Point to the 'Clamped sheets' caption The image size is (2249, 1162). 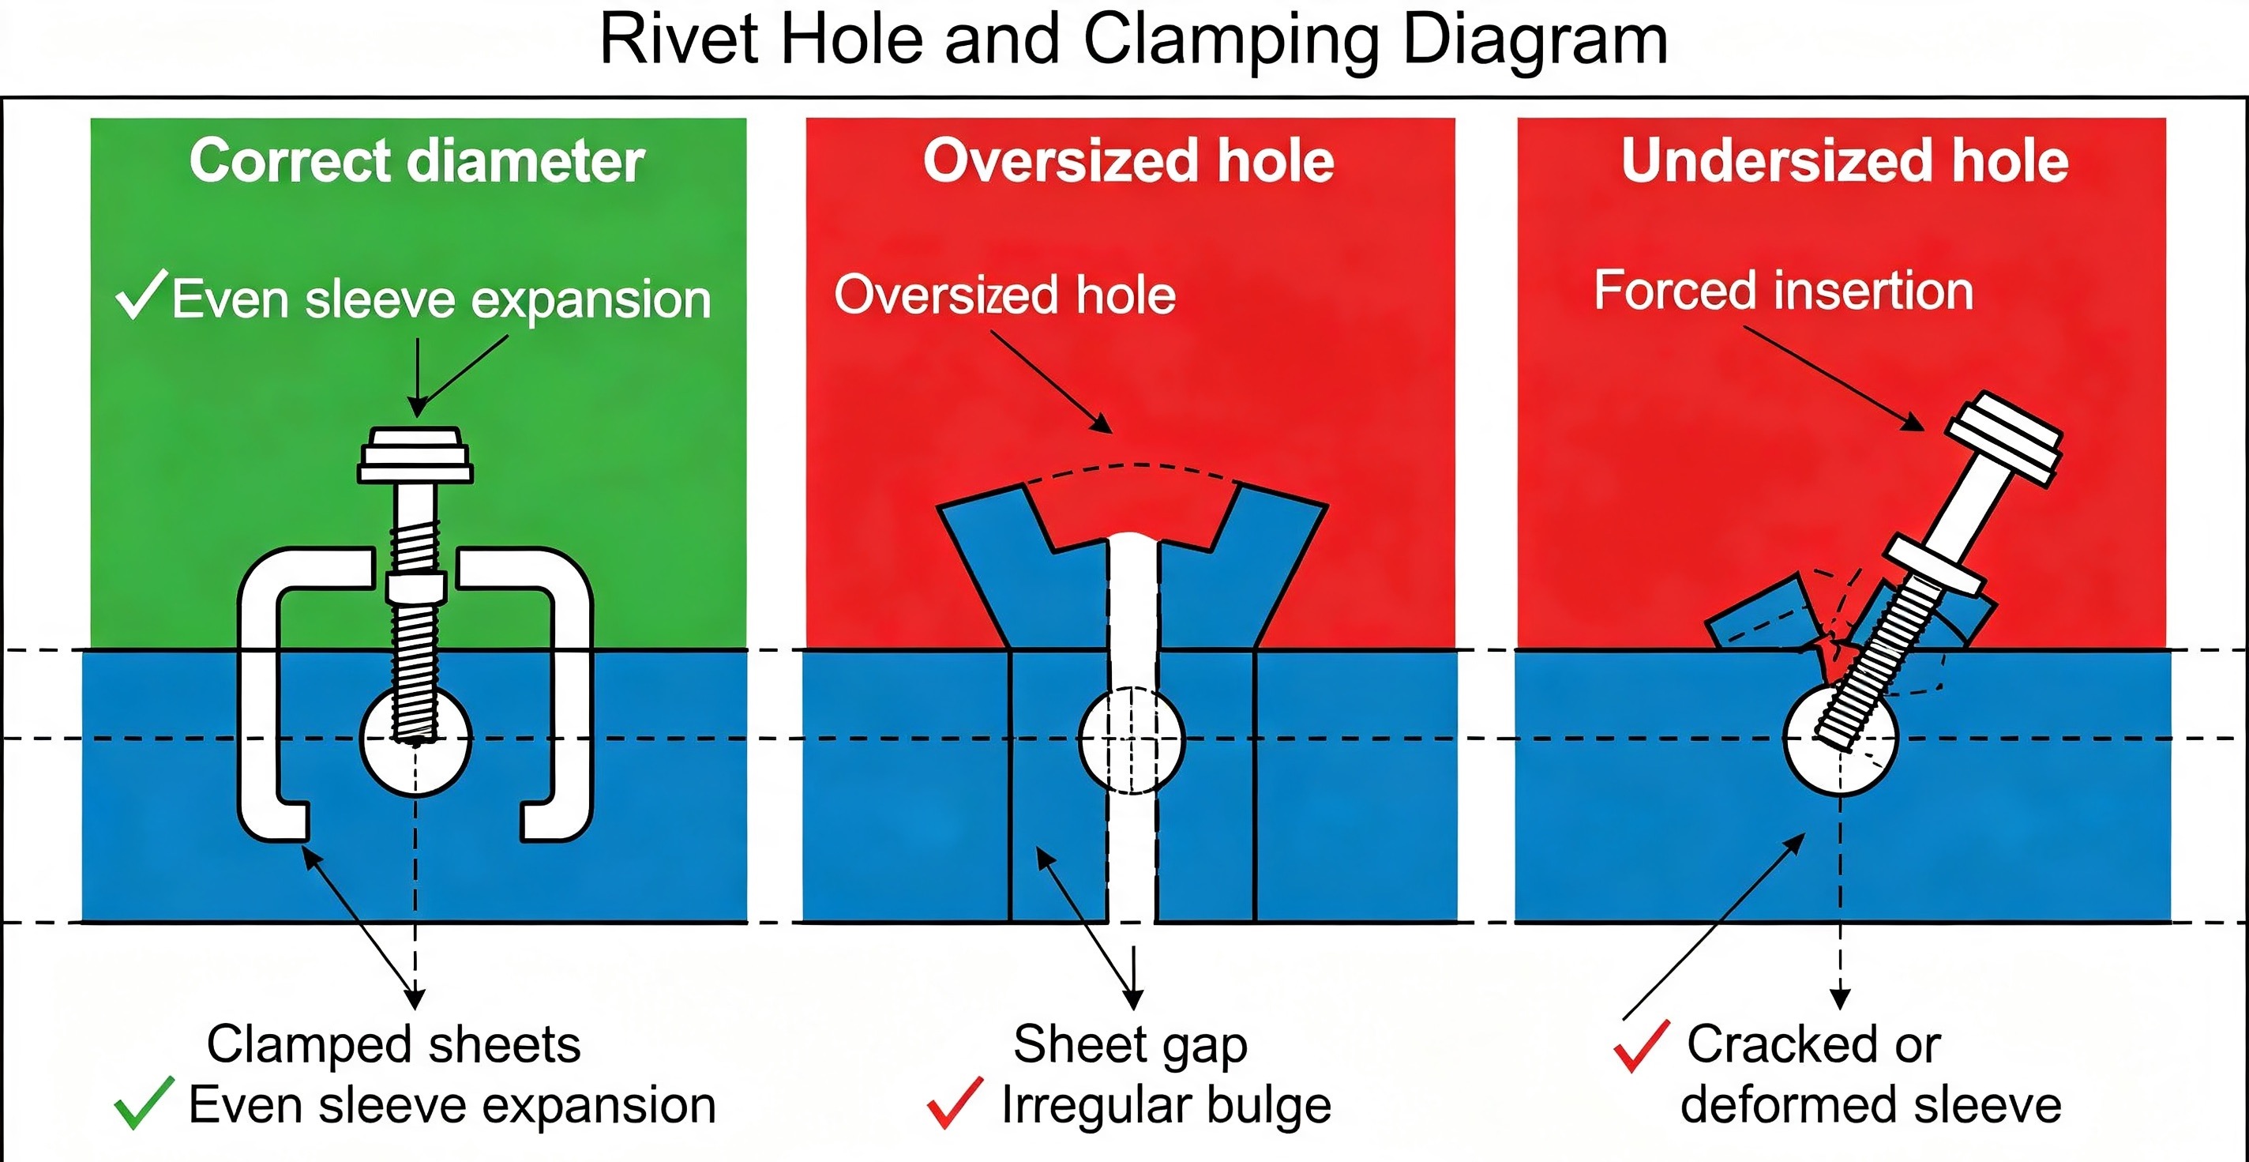pyautogui.click(x=394, y=1044)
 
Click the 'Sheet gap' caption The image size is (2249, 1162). pyautogui.click(x=1131, y=1045)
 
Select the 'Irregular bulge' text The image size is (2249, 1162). pyautogui.click(x=1166, y=1106)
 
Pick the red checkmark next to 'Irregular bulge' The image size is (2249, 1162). pyautogui.click(x=956, y=1103)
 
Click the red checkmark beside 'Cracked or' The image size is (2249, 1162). pyautogui.click(x=1643, y=1045)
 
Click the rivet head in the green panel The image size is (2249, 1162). pyautogui.click(x=415, y=455)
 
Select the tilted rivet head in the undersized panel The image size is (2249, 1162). pyautogui.click(x=2004, y=438)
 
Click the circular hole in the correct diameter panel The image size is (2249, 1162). pyautogui.click(x=416, y=739)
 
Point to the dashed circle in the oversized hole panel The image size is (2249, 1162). pyautogui.click(x=1132, y=739)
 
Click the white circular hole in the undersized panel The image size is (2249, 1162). pyautogui.click(x=1841, y=739)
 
